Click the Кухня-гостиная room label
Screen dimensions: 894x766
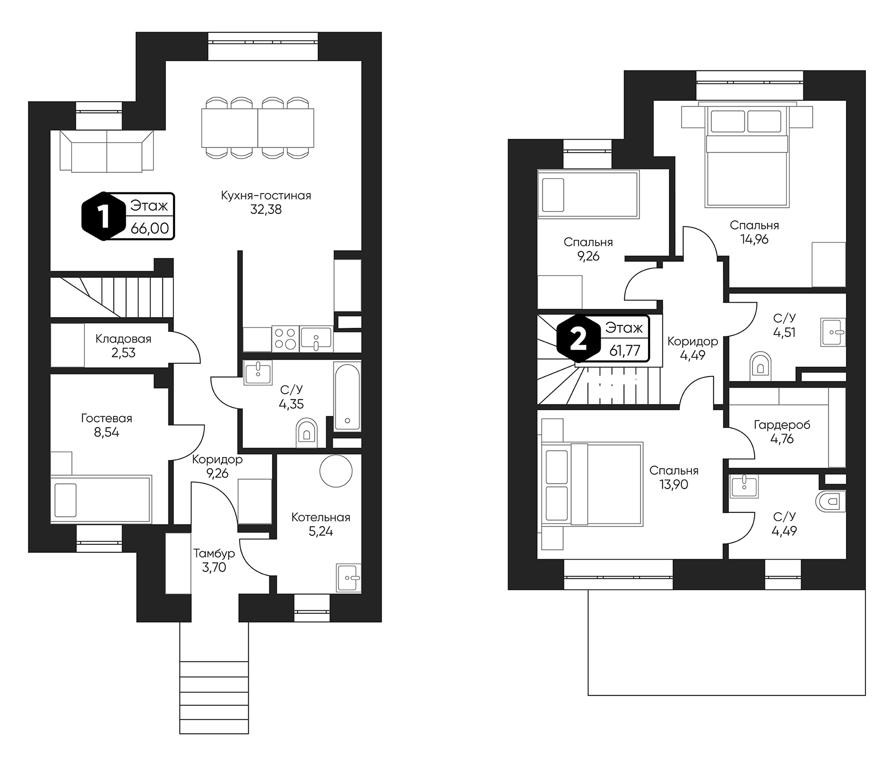266,195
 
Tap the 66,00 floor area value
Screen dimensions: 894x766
150,228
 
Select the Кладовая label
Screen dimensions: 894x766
123,339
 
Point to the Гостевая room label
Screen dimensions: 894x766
106,418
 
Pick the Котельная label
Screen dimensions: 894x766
321,517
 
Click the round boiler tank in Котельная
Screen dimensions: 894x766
336,471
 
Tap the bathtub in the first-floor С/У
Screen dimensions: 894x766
347,397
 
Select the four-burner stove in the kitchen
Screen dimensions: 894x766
285,339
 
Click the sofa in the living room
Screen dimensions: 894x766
106,152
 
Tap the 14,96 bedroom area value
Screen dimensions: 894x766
755,239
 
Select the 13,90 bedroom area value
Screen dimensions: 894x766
673,484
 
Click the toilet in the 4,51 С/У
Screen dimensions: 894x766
760,366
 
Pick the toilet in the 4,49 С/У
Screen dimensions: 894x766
831,501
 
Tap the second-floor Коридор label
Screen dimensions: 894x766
693,342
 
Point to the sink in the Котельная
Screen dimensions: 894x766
348,578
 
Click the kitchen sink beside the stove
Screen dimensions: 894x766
316,339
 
